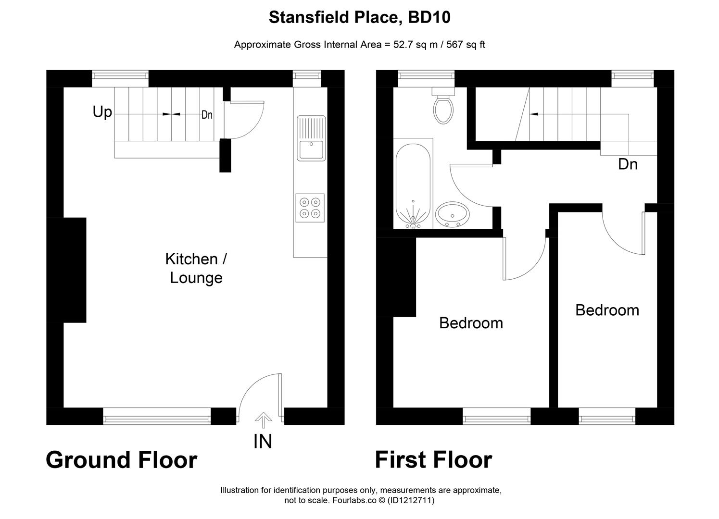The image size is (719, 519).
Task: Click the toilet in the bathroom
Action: [443, 108]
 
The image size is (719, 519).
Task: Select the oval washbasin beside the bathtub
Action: [453, 214]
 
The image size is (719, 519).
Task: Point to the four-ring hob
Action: [310, 208]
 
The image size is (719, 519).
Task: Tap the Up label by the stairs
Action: [102, 112]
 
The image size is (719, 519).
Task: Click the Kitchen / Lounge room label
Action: [196, 268]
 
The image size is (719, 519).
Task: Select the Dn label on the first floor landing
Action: [628, 164]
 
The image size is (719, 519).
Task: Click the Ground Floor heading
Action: [121, 460]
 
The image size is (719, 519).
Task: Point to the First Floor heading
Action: [433, 460]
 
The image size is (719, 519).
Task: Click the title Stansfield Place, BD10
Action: [359, 18]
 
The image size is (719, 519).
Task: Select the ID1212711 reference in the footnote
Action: [410, 500]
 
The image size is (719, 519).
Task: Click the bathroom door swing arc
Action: [467, 185]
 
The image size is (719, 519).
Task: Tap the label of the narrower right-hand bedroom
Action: [607, 310]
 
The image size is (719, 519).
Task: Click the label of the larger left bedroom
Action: [471, 323]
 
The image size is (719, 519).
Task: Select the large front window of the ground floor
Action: [157, 416]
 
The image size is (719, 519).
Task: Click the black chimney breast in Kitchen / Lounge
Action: [75, 270]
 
